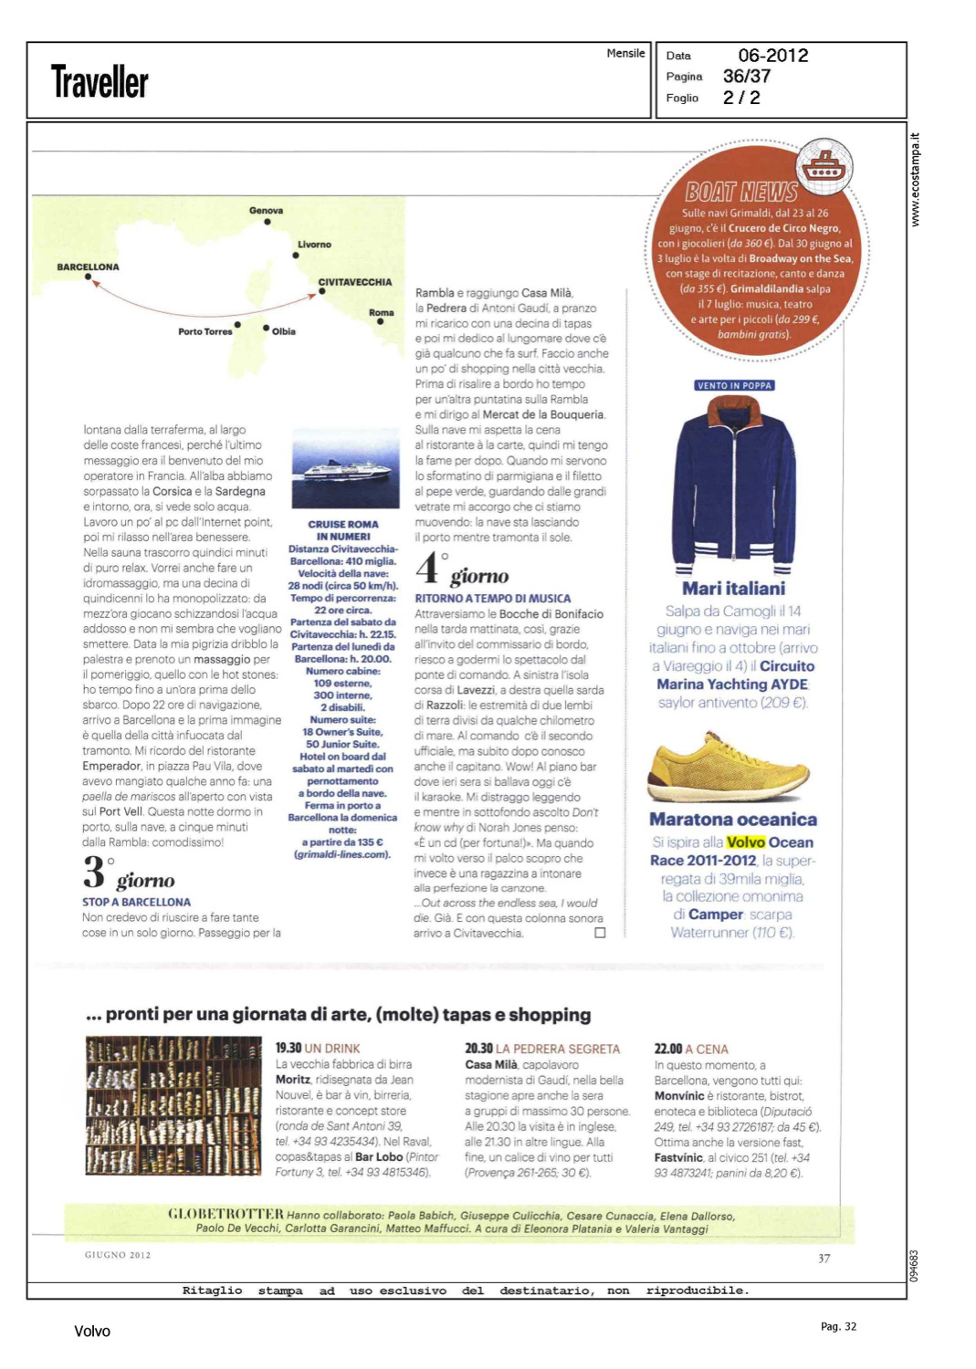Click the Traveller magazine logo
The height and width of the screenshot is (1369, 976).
point(100,82)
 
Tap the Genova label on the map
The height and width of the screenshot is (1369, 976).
point(266,211)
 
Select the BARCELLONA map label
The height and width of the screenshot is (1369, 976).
point(88,267)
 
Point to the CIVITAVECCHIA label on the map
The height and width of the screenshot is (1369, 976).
point(354,282)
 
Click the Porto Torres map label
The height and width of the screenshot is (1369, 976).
point(205,331)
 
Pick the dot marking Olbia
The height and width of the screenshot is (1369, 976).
point(266,329)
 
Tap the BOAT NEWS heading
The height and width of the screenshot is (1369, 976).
point(741,192)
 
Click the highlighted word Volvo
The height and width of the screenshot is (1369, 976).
point(745,842)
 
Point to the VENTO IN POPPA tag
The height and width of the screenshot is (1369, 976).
point(734,385)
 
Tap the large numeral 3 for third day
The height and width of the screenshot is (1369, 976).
point(93,872)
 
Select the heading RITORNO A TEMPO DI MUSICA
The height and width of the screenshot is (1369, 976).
point(492,599)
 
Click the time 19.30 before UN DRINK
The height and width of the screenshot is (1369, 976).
point(289,1049)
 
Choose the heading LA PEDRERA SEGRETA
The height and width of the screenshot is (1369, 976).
point(557,1050)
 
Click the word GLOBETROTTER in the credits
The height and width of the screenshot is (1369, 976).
point(226,1214)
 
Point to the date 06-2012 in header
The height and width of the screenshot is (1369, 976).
point(772,56)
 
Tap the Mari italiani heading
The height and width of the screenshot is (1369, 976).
point(733,589)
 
